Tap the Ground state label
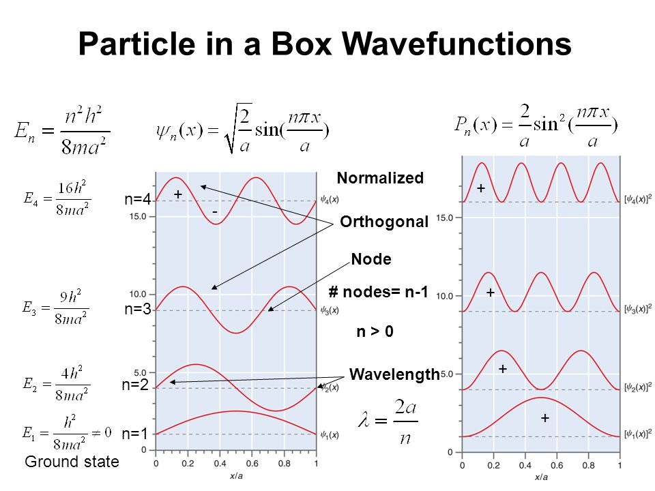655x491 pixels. (71, 462)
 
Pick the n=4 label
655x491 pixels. (137, 200)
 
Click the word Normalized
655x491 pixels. (380, 178)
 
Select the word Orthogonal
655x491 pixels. (384, 222)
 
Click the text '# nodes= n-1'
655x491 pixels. (377, 293)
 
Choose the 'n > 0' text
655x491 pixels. (375, 332)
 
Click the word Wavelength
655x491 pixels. (394, 374)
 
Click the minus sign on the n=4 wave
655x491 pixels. (214, 213)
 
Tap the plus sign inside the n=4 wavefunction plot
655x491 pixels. (178, 194)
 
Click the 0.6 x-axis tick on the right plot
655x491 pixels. (557, 466)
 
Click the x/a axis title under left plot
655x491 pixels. (235, 475)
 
